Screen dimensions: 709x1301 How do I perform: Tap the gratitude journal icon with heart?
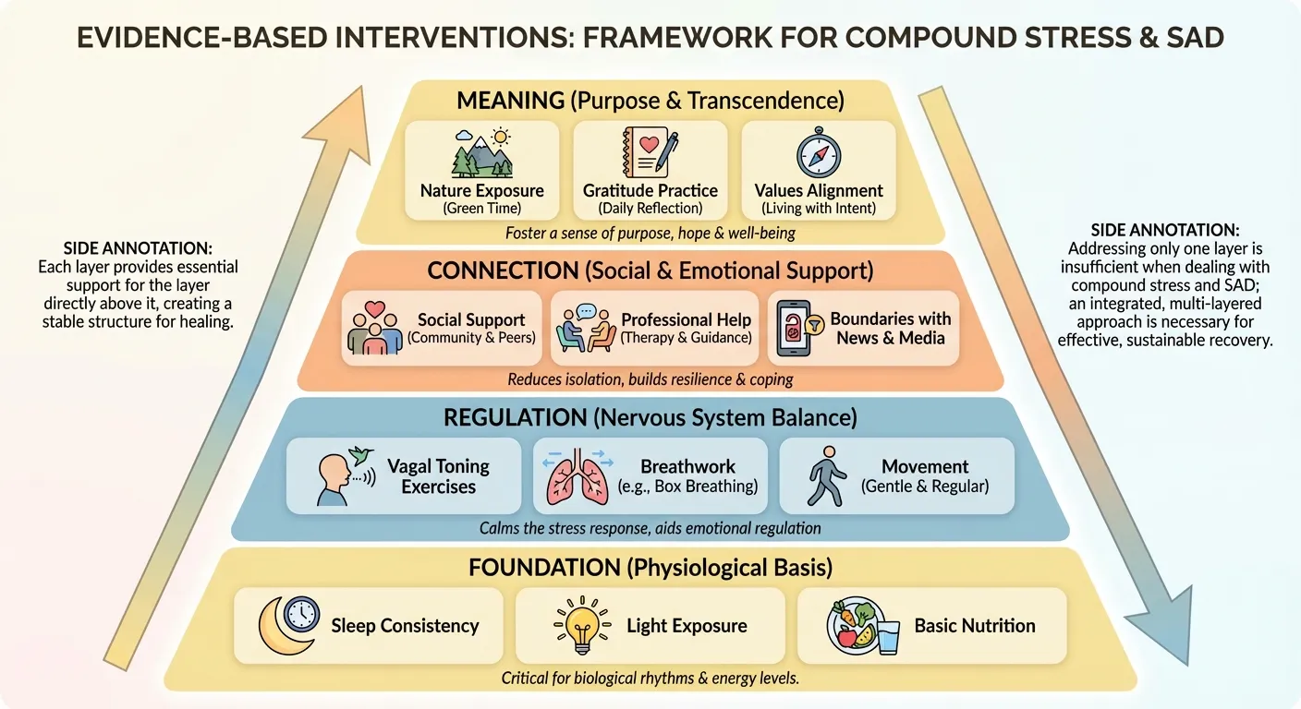pos(650,151)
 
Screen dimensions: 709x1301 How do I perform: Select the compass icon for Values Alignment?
pos(818,152)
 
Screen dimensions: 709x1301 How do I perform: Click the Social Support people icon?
pos(374,329)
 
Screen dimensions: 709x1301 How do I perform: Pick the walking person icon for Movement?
pos(827,476)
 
